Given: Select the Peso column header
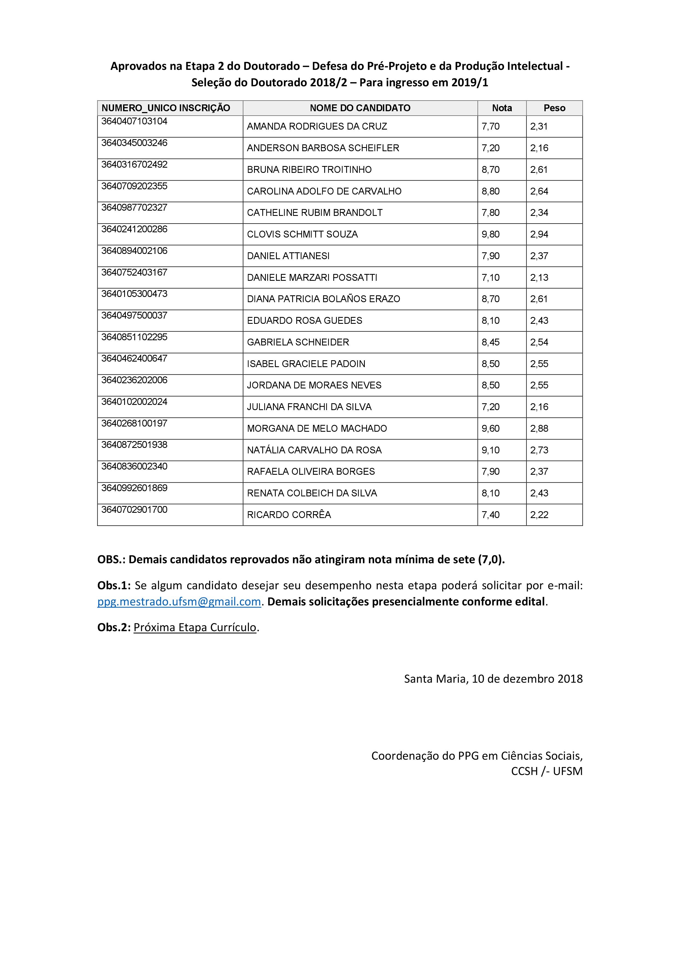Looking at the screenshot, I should (x=554, y=108).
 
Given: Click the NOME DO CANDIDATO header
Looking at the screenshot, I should (x=360, y=108).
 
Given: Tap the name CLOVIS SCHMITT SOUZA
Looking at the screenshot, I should (x=302, y=234).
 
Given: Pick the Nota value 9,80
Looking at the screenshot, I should (x=491, y=234).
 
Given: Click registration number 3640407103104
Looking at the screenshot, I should (x=134, y=121).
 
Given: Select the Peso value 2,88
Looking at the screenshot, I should (x=539, y=429).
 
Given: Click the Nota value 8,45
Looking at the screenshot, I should (x=491, y=342).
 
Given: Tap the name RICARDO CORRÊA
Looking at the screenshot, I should (x=289, y=515).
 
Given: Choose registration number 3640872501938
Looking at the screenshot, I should (x=134, y=445).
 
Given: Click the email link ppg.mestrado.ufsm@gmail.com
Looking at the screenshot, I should (x=179, y=602).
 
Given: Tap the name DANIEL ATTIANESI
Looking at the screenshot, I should (x=288, y=256).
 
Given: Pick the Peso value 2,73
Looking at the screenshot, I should (x=539, y=450).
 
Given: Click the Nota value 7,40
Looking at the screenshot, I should (x=491, y=515).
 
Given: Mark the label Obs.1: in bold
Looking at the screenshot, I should (x=114, y=585).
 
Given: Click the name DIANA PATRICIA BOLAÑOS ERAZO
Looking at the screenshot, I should (x=323, y=299).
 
